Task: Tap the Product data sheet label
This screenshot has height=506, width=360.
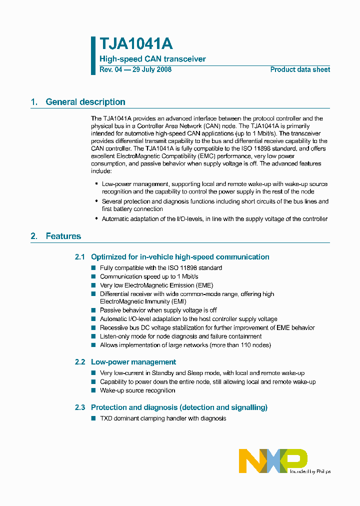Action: point(300,69)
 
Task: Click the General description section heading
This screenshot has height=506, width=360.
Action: point(85,102)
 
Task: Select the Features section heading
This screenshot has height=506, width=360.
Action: point(63,236)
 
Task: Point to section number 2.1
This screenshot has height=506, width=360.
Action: point(80,257)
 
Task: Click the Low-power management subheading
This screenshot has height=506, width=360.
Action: point(133,362)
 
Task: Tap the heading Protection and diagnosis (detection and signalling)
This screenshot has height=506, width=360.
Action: point(179,407)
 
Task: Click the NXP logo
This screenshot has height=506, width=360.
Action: point(272,460)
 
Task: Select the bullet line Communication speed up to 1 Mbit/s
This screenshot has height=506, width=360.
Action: point(149,276)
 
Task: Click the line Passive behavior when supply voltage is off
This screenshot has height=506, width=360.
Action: point(158,310)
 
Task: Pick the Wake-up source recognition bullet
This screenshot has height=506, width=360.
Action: point(137,390)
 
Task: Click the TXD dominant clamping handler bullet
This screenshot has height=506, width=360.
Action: point(163,418)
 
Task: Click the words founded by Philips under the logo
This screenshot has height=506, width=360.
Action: point(309,471)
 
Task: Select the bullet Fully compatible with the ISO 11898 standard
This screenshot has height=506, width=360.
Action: point(161,268)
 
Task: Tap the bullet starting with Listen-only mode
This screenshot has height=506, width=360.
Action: point(180,336)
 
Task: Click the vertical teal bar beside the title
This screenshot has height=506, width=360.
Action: point(93,55)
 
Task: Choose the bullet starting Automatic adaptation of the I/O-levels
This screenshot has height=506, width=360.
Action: point(214,219)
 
